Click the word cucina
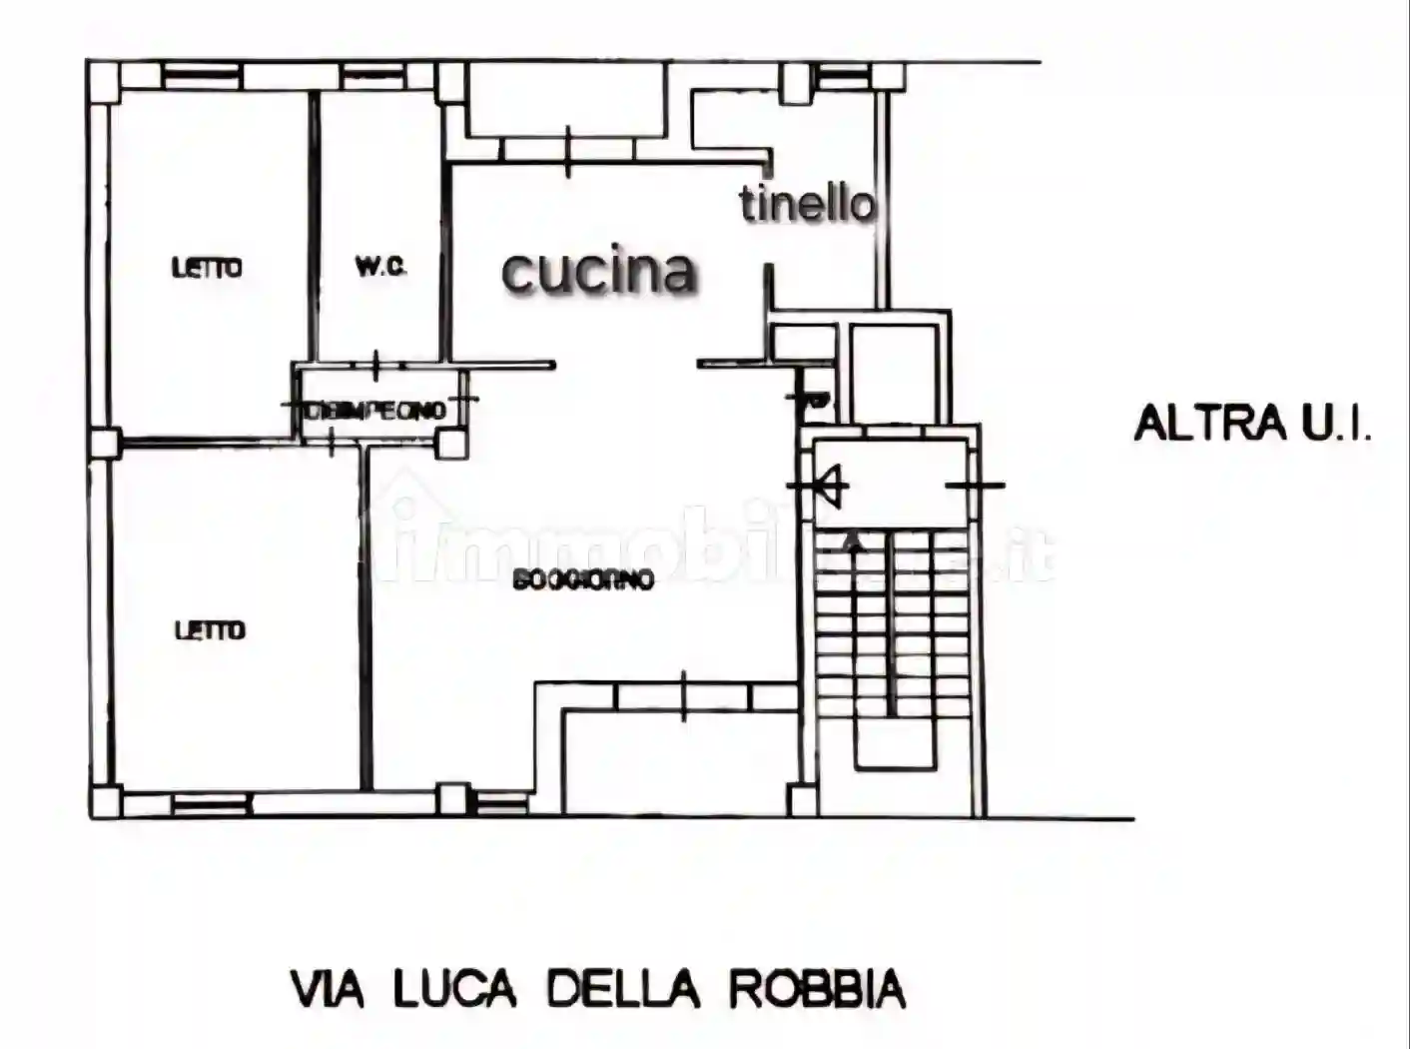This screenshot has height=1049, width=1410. pyautogui.click(x=598, y=271)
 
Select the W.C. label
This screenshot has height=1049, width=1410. pyautogui.click(x=380, y=267)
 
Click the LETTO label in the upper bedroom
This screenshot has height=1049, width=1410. pyautogui.click(x=207, y=268)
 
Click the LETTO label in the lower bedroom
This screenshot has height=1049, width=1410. pyautogui.click(x=209, y=630)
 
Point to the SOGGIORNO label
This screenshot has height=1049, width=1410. pyautogui.click(x=583, y=579)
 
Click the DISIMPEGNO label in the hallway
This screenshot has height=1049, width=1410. pyautogui.click(x=377, y=410)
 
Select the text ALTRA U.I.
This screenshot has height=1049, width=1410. pyautogui.click(x=1252, y=423)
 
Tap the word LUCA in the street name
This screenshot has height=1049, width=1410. pyautogui.click(x=454, y=989)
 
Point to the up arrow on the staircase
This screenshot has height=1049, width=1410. pyautogui.click(x=854, y=542)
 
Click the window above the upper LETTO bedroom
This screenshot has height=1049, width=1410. pyautogui.click(x=202, y=75)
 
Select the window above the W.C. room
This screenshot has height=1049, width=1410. pyautogui.click(x=373, y=75)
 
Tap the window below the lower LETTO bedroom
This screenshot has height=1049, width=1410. pyautogui.click(x=210, y=802)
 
